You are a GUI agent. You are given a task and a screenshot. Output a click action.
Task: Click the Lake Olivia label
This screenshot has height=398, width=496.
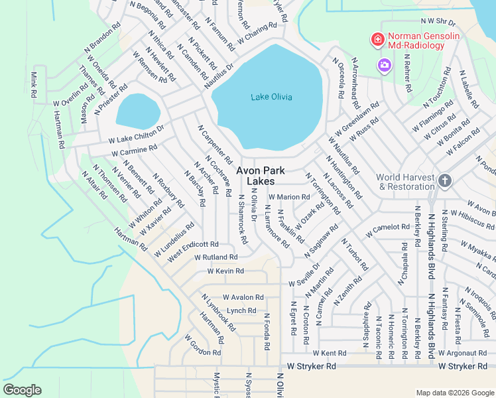[271, 98]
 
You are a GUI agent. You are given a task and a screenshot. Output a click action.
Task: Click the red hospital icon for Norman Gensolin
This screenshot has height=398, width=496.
[377, 40]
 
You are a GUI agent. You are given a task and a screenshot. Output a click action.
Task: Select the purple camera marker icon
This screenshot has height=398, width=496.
[384, 65]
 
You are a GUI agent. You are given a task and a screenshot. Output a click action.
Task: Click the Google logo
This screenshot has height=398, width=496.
[22, 390]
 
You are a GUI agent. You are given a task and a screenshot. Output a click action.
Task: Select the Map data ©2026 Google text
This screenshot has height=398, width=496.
[454, 393]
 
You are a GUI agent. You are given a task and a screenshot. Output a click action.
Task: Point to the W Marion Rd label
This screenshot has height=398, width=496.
[289, 197]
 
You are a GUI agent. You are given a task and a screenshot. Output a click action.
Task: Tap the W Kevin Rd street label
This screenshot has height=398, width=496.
[225, 271]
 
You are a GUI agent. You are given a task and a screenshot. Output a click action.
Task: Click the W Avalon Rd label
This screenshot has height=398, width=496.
[239, 297]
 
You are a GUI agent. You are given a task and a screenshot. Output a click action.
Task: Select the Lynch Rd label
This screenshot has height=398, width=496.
[241, 310]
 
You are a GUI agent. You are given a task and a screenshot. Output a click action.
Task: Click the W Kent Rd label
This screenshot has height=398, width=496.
[330, 353]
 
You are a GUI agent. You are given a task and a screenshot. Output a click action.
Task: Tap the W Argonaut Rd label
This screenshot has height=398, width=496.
[464, 353]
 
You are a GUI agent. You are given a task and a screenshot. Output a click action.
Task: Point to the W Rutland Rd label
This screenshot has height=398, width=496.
[216, 257]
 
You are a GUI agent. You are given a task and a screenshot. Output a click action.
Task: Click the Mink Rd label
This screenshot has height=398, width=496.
[32, 86]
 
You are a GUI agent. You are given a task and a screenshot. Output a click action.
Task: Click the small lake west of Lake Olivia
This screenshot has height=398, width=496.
[138, 110]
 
